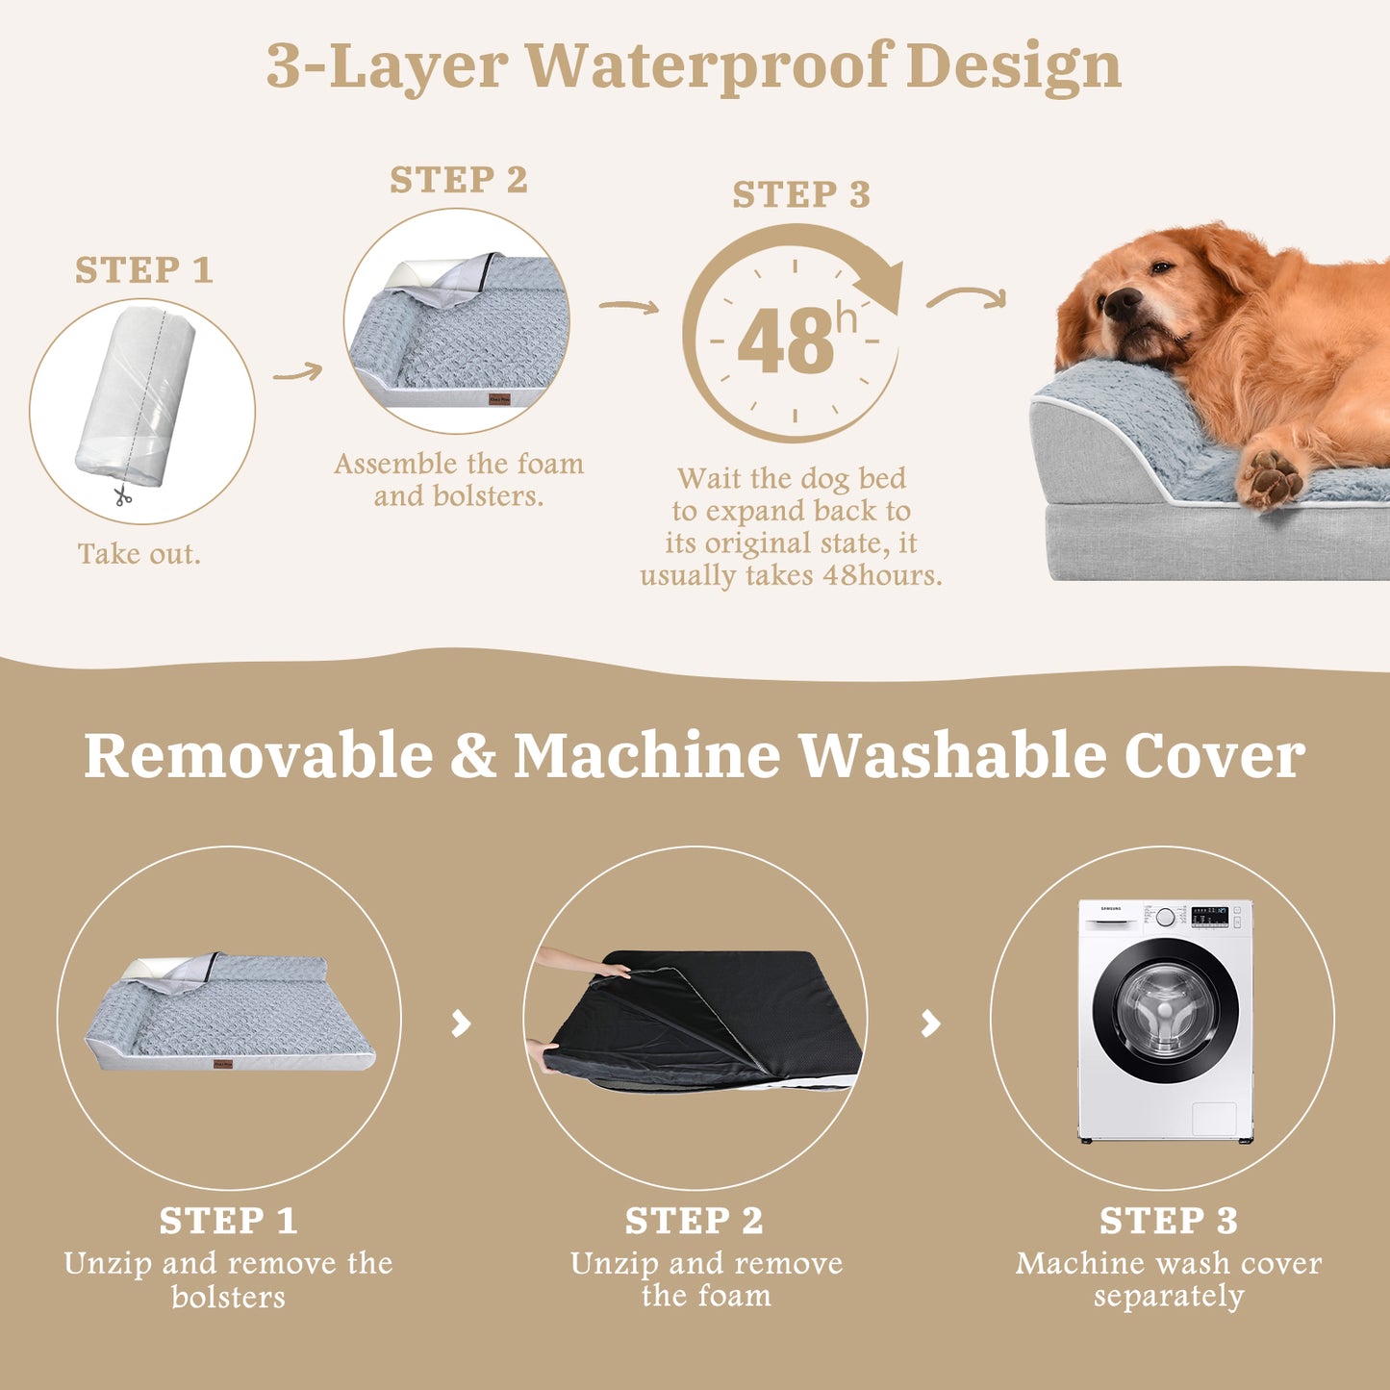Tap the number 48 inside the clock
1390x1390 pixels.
pos(786,342)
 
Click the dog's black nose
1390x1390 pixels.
pos(1120,304)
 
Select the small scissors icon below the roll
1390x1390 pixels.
pos(122,496)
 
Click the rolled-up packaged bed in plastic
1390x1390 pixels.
pos(137,395)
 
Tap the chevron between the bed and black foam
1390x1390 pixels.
pos(462,1023)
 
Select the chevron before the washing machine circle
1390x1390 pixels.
pos(930,1023)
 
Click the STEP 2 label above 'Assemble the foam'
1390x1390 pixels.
pos(459,180)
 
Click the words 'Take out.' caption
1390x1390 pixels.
pos(139,554)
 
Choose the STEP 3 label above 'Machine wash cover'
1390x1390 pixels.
pos(1169,1221)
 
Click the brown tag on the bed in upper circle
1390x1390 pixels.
pos(499,398)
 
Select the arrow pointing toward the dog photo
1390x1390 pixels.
pos(966,298)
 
